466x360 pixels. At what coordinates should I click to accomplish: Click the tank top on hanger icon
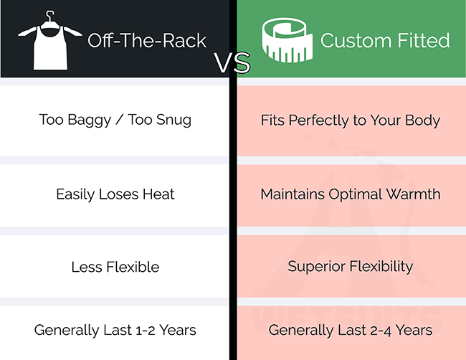point(50,44)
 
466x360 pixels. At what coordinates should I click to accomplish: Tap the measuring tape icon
point(287,40)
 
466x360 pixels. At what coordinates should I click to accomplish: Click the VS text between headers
point(232,62)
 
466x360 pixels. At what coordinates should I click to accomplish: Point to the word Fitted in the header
point(424,40)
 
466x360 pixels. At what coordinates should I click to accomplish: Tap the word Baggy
point(89,120)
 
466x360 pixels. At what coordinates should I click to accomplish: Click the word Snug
point(174,120)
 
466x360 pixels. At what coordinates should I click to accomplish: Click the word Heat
point(158,194)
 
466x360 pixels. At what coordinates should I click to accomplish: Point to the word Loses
point(118,194)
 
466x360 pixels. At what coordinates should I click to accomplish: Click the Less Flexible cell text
point(115,267)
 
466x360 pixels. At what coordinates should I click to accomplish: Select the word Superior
point(315,266)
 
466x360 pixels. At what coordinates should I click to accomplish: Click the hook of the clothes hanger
point(50,16)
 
